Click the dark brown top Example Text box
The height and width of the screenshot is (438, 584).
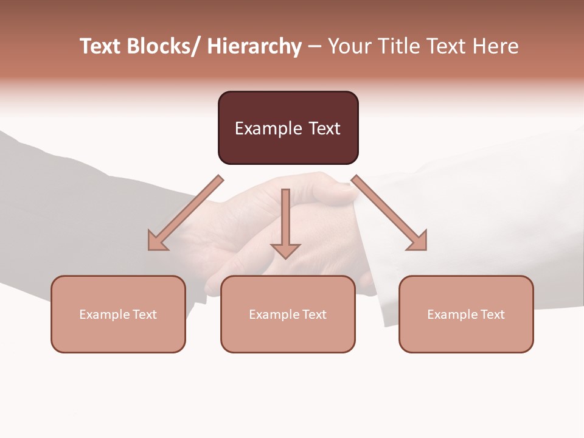(x=288, y=128)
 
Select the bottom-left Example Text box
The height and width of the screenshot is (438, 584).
(x=118, y=314)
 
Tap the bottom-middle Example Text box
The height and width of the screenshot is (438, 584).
(x=288, y=314)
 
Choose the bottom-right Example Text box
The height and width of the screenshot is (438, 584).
(x=466, y=314)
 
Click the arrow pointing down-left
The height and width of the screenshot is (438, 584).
(x=186, y=213)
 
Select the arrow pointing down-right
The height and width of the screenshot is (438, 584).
(x=389, y=213)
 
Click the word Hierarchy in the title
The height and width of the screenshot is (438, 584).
(x=254, y=46)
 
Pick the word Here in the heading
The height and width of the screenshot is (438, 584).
(x=495, y=46)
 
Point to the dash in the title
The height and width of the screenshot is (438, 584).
(x=314, y=46)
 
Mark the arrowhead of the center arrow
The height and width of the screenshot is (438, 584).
(x=285, y=249)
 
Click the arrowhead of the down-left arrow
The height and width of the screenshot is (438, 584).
(x=157, y=242)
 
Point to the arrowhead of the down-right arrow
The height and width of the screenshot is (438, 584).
(x=418, y=242)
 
